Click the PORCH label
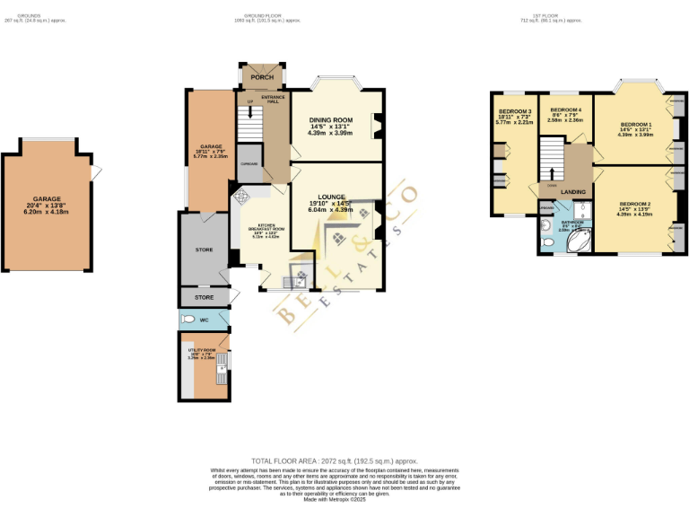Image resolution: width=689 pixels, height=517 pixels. pos(261,77)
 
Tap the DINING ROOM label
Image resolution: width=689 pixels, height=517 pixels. pos(330,120)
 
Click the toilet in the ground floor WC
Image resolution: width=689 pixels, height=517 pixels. pos(188,320)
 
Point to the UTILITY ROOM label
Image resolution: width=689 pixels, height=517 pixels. pos(203,350)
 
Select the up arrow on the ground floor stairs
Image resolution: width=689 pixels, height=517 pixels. pos(250,113)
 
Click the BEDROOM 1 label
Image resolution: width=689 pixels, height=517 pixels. pos(636,124)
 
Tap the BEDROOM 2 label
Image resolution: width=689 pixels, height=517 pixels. pos(636,204)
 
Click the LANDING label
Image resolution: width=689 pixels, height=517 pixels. pos(572,192)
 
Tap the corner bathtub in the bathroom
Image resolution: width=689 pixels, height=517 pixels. pos(575,238)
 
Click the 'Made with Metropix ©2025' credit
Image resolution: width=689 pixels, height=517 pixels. pos(344,498)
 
